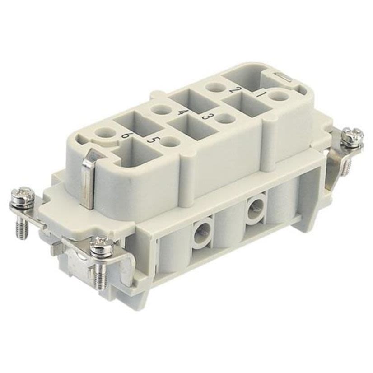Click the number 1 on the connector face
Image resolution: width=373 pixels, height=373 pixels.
[x=261, y=94]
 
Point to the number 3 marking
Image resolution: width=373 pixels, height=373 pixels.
[x=208, y=117]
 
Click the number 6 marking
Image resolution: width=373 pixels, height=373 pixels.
[x=127, y=134]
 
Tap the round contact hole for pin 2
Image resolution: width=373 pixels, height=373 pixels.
[x=213, y=88]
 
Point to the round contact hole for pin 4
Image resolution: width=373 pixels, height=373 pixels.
[x=159, y=109]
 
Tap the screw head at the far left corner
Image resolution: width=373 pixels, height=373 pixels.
[x=22, y=197]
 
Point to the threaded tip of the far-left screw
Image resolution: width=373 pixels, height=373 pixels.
[x=21, y=228]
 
